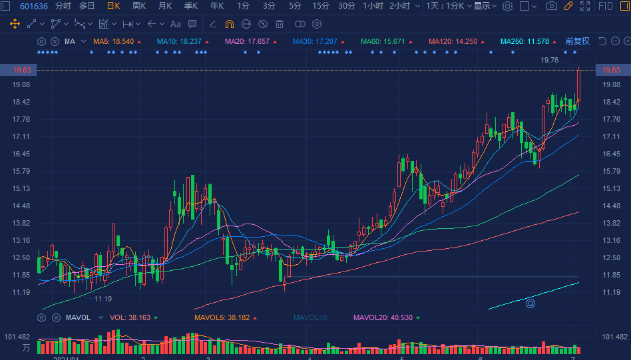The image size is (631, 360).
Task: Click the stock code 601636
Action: click(33, 6)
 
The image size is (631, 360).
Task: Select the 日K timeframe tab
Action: click(113, 6)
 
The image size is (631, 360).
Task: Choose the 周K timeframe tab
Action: click(139, 6)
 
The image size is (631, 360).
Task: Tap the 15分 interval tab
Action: click(321, 6)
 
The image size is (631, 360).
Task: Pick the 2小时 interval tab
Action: click(399, 6)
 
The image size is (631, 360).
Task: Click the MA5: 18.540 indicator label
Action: click(113, 41)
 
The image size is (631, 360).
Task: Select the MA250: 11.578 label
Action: click(525, 41)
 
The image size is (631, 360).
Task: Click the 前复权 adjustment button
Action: click(578, 41)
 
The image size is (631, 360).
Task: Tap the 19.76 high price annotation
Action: click(549, 60)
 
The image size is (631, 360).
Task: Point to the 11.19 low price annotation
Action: click(103, 299)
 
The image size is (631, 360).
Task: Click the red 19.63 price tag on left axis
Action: click(23, 70)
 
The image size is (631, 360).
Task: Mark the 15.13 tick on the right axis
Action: click(611, 188)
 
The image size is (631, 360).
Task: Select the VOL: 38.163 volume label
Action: click(130, 317)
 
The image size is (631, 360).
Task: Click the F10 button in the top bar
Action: click(606, 6)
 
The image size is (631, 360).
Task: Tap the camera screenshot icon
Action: click(551, 6)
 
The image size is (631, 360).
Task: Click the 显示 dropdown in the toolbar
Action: click(485, 6)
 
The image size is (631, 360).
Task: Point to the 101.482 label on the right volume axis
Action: click(614, 337)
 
